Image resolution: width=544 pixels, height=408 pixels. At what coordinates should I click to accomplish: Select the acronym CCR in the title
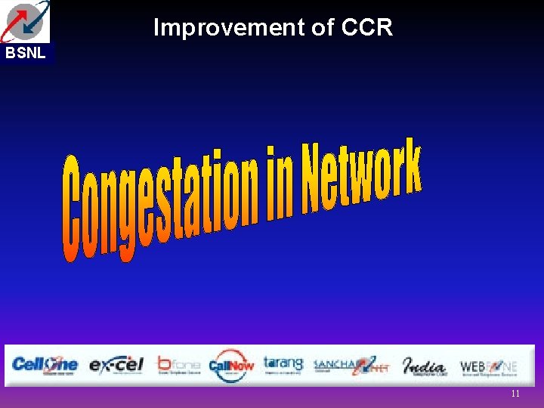pyautogui.click(x=367, y=28)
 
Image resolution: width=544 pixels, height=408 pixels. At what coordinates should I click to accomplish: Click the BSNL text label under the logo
pyautogui.click(x=26, y=53)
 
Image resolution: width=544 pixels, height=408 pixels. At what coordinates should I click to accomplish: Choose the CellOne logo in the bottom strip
pyautogui.click(x=45, y=365)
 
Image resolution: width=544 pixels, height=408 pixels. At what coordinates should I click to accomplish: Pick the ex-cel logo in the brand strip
pyautogui.click(x=116, y=365)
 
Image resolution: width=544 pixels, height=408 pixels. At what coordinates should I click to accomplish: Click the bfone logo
pyautogui.click(x=178, y=364)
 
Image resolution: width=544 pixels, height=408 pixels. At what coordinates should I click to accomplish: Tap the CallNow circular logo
pyautogui.click(x=230, y=365)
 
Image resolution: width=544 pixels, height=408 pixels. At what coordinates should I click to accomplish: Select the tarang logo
pyautogui.click(x=283, y=364)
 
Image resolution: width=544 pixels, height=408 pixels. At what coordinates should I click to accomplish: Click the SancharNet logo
pyautogui.click(x=351, y=365)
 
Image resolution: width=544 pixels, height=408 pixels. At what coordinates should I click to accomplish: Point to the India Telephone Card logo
pyautogui.click(x=424, y=365)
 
